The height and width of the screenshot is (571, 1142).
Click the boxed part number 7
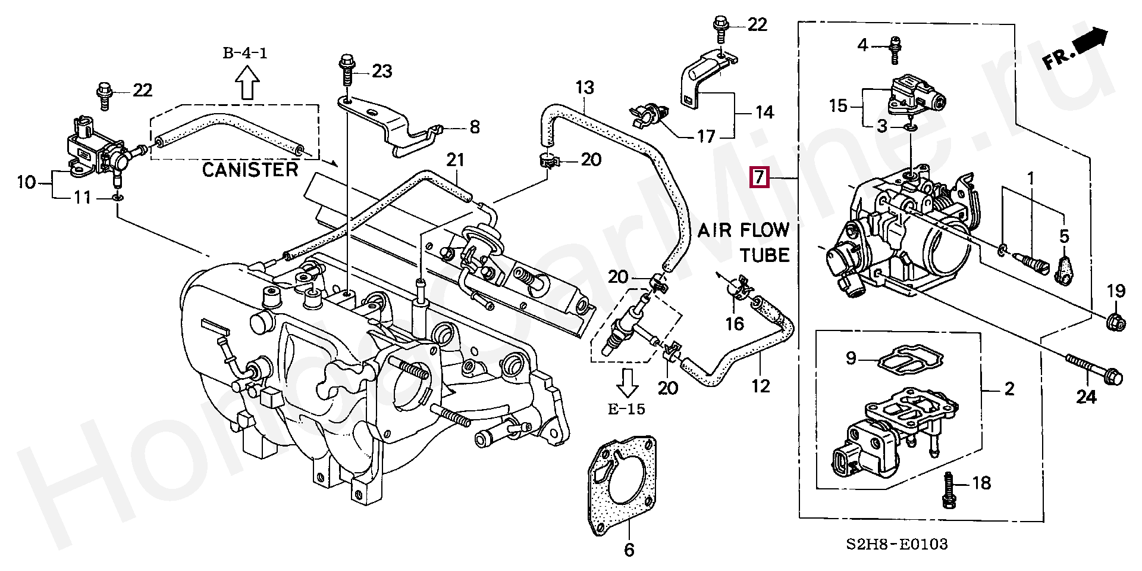pyautogui.click(x=760, y=177)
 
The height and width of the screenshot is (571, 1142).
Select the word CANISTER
pyautogui.click(x=250, y=170)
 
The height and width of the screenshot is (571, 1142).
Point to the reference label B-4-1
pyautogui.click(x=246, y=54)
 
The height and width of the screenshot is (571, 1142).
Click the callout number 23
pyautogui.click(x=382, y=72)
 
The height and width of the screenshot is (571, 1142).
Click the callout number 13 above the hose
pyautogui.click(x=584, y=88)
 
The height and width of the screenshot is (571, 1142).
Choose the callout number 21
pyautogui.click(x=456, y=160)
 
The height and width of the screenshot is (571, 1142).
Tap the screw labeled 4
pyautogui.click(x=894, y=49)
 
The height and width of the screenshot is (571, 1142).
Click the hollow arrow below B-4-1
pyautogui.click(x=247, y=82)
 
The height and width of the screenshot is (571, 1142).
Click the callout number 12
pyautogui.click(x=761, y=386)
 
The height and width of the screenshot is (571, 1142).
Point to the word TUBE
pyautogui.click(x=764, y=255)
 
